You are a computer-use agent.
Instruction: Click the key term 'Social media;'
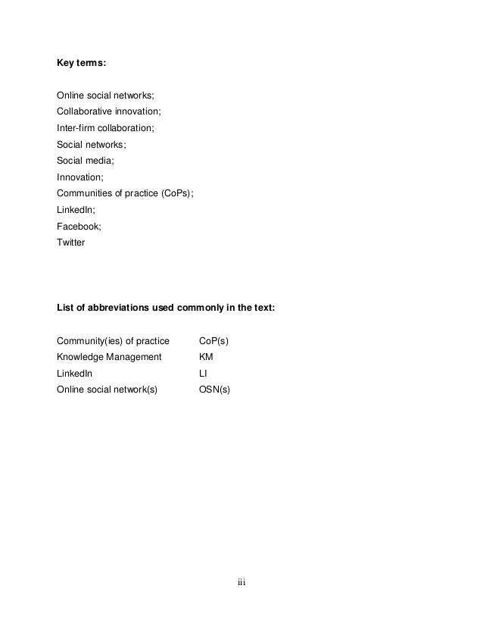point(87,161)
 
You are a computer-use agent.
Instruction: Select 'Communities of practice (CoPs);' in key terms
point(126,193)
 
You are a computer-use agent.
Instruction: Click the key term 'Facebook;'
point(79,226)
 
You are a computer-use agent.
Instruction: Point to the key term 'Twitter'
point(71,243)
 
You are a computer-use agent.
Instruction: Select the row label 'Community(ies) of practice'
point(113,340)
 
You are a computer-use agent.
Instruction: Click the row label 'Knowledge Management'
point(109,357)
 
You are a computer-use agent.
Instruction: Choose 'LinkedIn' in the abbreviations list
point(74,374)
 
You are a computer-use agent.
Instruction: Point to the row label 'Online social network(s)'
point(108,390)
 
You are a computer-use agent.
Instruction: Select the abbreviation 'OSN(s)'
point(214,390)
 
